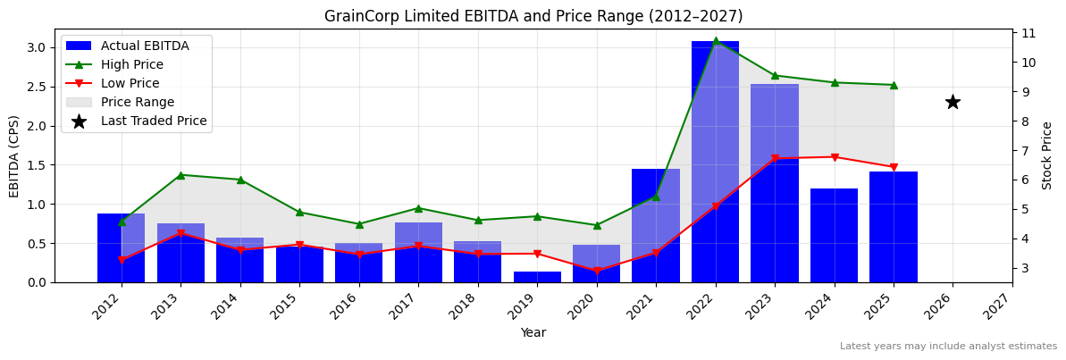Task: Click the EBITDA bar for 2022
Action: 715,161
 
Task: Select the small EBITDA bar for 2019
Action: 537,277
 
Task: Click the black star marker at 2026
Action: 953,102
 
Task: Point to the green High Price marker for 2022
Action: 715,40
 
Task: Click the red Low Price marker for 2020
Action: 597,271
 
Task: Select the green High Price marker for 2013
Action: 180,175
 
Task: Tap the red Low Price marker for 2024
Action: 834,157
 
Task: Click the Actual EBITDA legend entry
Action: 144,46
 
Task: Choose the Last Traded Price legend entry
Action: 153,121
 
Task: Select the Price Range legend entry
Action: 137,102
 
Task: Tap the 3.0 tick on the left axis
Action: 38,47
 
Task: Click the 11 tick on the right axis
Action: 1028,33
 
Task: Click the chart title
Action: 533,16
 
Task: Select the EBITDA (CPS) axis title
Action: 14,155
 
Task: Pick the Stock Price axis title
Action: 1047,155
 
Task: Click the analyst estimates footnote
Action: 948,347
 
